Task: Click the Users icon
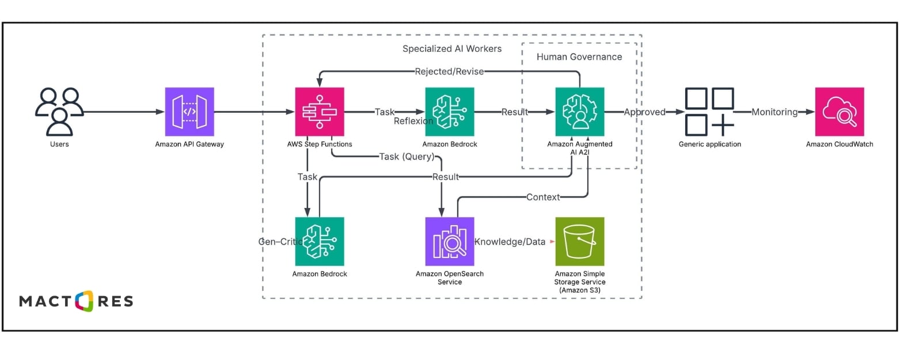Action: coord(59,112)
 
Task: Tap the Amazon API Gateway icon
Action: coord(189,112)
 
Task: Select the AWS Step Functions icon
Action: coord(320,112)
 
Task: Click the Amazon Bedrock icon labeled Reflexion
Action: coord(450,112)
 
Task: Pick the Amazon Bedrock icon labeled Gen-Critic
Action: coord(320,241)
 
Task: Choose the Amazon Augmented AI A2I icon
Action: coord(580,112)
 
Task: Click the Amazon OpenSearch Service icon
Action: coord(450,241)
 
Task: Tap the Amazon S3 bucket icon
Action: coord(580,241)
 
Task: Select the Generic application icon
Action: coord(709,112)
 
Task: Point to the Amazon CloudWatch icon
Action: coord(840,112)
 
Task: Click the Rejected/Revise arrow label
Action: coord(449,71)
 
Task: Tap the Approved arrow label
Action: coord(644,112)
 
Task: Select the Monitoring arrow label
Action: coord(774,112)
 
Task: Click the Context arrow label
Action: coord(542,197)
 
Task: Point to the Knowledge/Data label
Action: coord(510,241)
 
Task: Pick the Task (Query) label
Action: coord(407,156)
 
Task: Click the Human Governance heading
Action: coord(579,56)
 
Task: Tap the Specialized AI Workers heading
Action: coord(452,48)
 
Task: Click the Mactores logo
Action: coord(76,301)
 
